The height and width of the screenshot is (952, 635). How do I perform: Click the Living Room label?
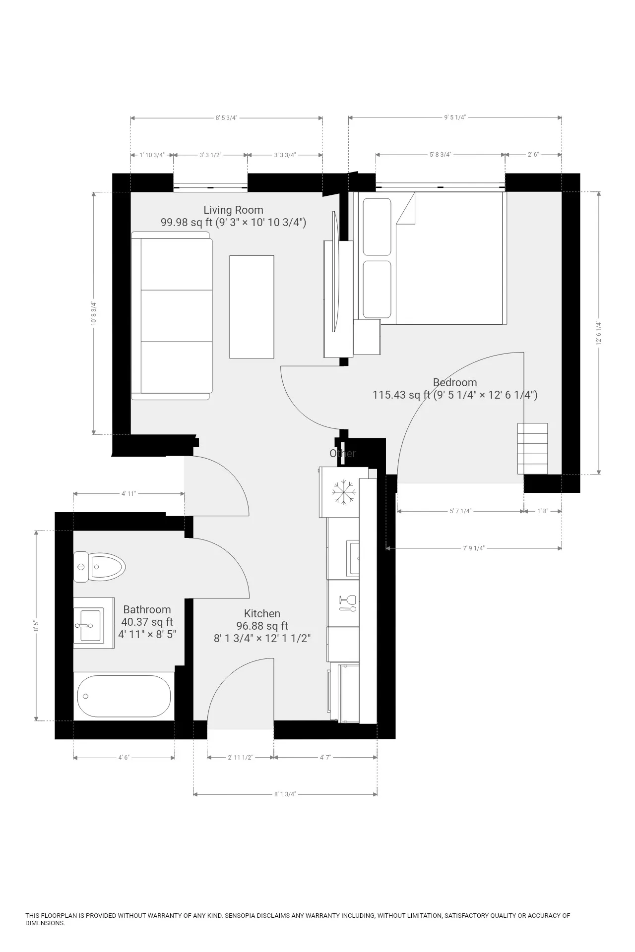(233, 210)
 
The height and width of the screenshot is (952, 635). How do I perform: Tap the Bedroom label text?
(454, 382)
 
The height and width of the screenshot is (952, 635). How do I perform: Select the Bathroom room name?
(147, 609)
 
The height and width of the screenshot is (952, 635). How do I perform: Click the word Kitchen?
(262, 613)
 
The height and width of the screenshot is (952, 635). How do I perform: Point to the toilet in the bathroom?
(99, 566)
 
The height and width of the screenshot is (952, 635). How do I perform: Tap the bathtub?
(124, 696)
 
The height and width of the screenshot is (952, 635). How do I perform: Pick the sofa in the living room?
(171, 316)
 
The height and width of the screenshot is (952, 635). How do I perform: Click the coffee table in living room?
(252, 306)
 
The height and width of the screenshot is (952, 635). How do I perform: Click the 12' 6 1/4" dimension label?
(599, 333)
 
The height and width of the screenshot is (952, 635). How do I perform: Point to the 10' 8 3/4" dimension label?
(93, 313)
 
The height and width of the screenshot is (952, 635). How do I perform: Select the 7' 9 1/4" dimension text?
(473, 548)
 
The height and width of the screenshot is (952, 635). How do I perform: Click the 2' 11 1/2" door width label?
(240, 757)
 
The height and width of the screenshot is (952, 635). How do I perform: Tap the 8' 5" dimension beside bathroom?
(36, 626)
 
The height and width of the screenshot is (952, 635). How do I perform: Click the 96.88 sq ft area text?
(262, 626)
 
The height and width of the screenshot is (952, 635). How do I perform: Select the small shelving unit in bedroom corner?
(532, 448)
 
